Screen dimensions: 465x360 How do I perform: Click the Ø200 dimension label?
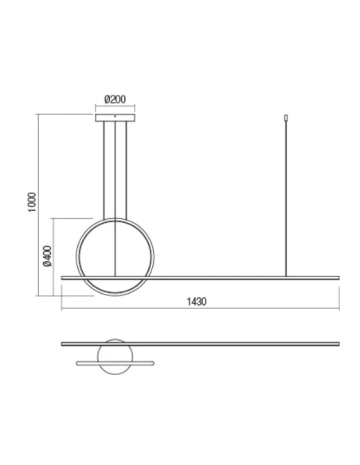point(116,100)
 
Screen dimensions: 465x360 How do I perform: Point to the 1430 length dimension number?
point(196,302)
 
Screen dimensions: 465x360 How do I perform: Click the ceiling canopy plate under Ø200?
point(116,118)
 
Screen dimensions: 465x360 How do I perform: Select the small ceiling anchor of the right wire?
point(286,120)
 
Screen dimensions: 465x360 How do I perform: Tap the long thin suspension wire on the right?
point(286,199)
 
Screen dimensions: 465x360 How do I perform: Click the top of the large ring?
point(116,219)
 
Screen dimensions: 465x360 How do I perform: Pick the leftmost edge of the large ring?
point(76,257)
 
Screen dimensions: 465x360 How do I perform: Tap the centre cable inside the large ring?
point(117,247)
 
